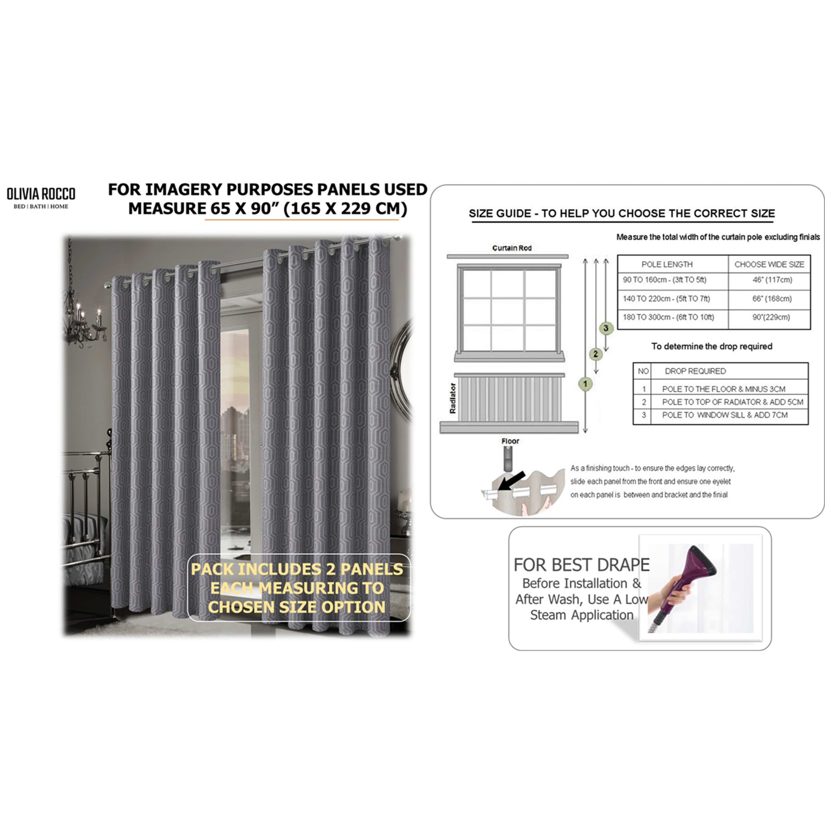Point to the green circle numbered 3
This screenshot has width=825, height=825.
[606, 328]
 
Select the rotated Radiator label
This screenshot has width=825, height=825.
[453, 398]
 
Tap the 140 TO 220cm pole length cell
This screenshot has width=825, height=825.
[666, 298]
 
